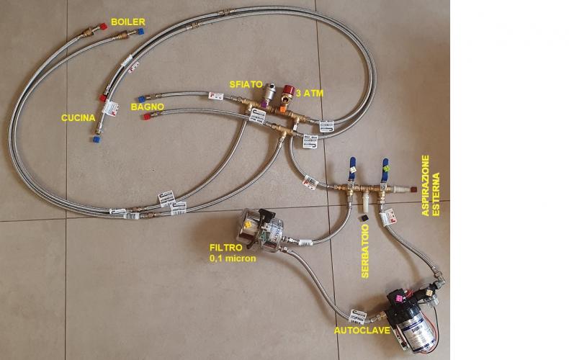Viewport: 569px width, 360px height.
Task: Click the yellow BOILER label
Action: pos(125,22)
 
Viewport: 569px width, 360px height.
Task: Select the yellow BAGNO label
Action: pos(147,107)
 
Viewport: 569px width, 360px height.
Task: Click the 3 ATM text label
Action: pos(309,93)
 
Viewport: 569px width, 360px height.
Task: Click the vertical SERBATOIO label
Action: pos(365,246)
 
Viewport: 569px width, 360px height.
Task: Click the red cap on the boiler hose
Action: pos(106,26)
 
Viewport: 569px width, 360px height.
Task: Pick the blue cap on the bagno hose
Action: pos(142,98)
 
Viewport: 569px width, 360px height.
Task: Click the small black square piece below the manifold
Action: pos(366,215)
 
